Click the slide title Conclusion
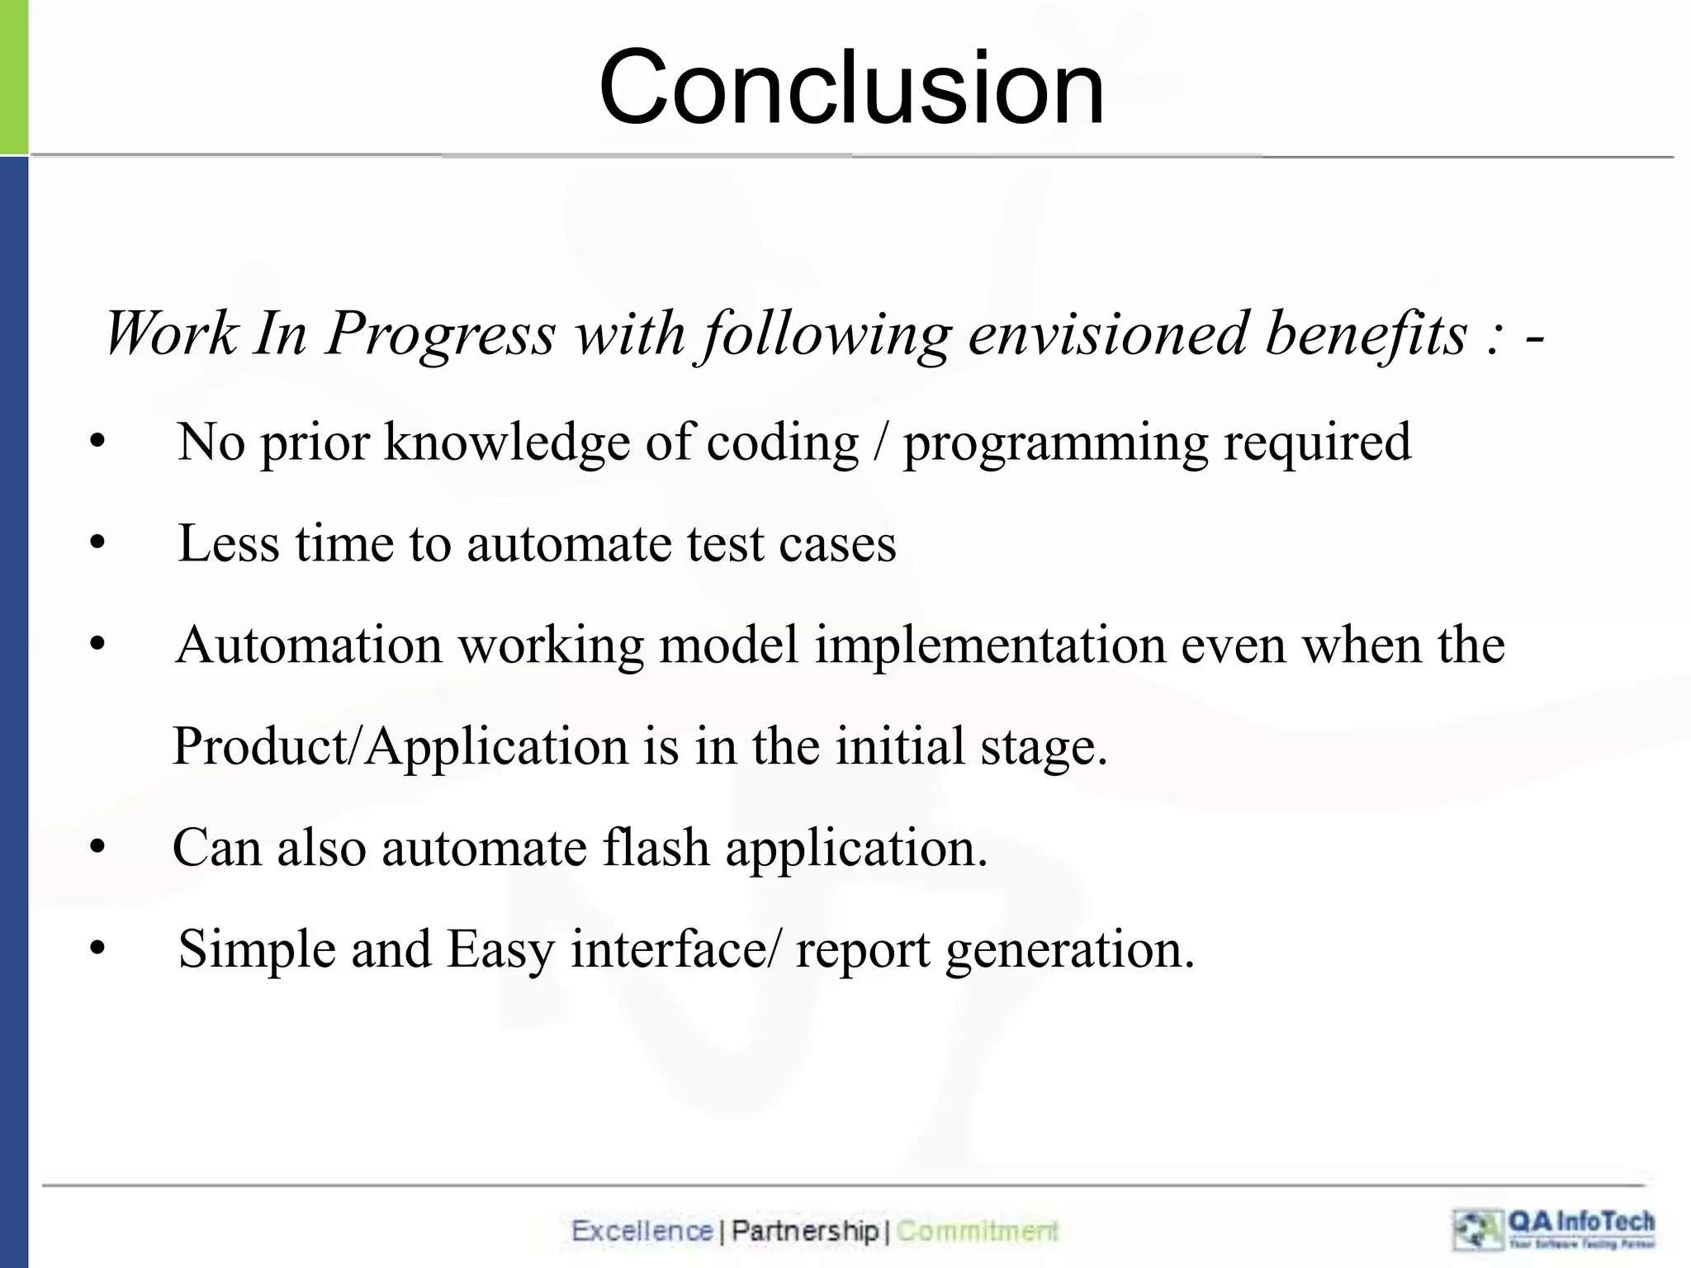[851, 88]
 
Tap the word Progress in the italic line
[441, 334]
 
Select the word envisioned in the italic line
[1107, 334]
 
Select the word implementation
[990, 646]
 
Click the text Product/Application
[400, 747]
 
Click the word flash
[656, 848]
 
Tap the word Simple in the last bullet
[257, 949]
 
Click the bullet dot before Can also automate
[98, 848]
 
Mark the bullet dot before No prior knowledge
[98, 443]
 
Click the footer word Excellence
[642, 1231]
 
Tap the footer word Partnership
[804, 1231]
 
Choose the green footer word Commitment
[977, 1231]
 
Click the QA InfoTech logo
[1554, 1229]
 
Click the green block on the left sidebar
[13, 76]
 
